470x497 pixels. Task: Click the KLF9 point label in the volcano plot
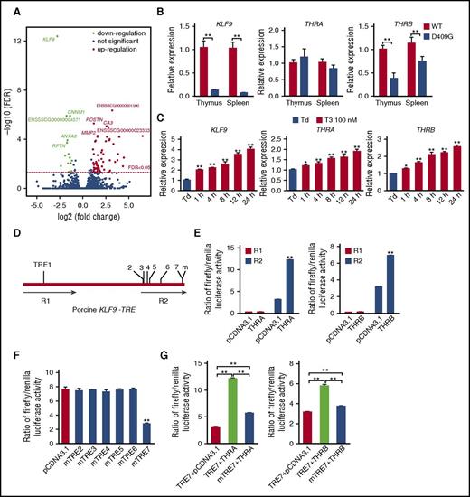49,39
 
